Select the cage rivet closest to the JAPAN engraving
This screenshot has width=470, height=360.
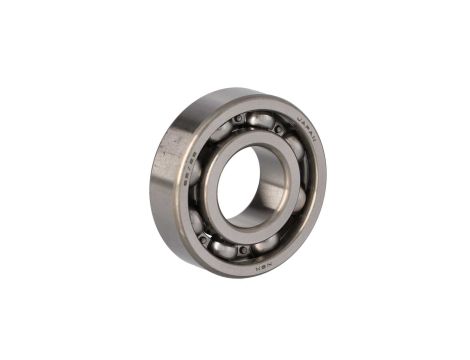[x=278, y=130]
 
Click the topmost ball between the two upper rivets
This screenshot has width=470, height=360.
[x=259, y=120]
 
